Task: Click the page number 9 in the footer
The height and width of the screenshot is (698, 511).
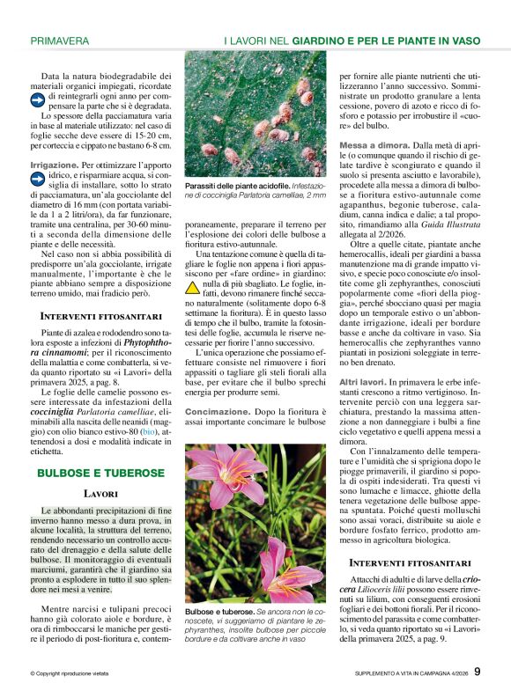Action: click(477, 673)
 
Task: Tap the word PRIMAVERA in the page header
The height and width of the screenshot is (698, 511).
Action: click(60, 40)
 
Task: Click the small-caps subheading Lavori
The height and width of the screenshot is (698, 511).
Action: click(100, 494)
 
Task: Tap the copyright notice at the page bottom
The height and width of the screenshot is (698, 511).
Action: click(70, 674)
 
